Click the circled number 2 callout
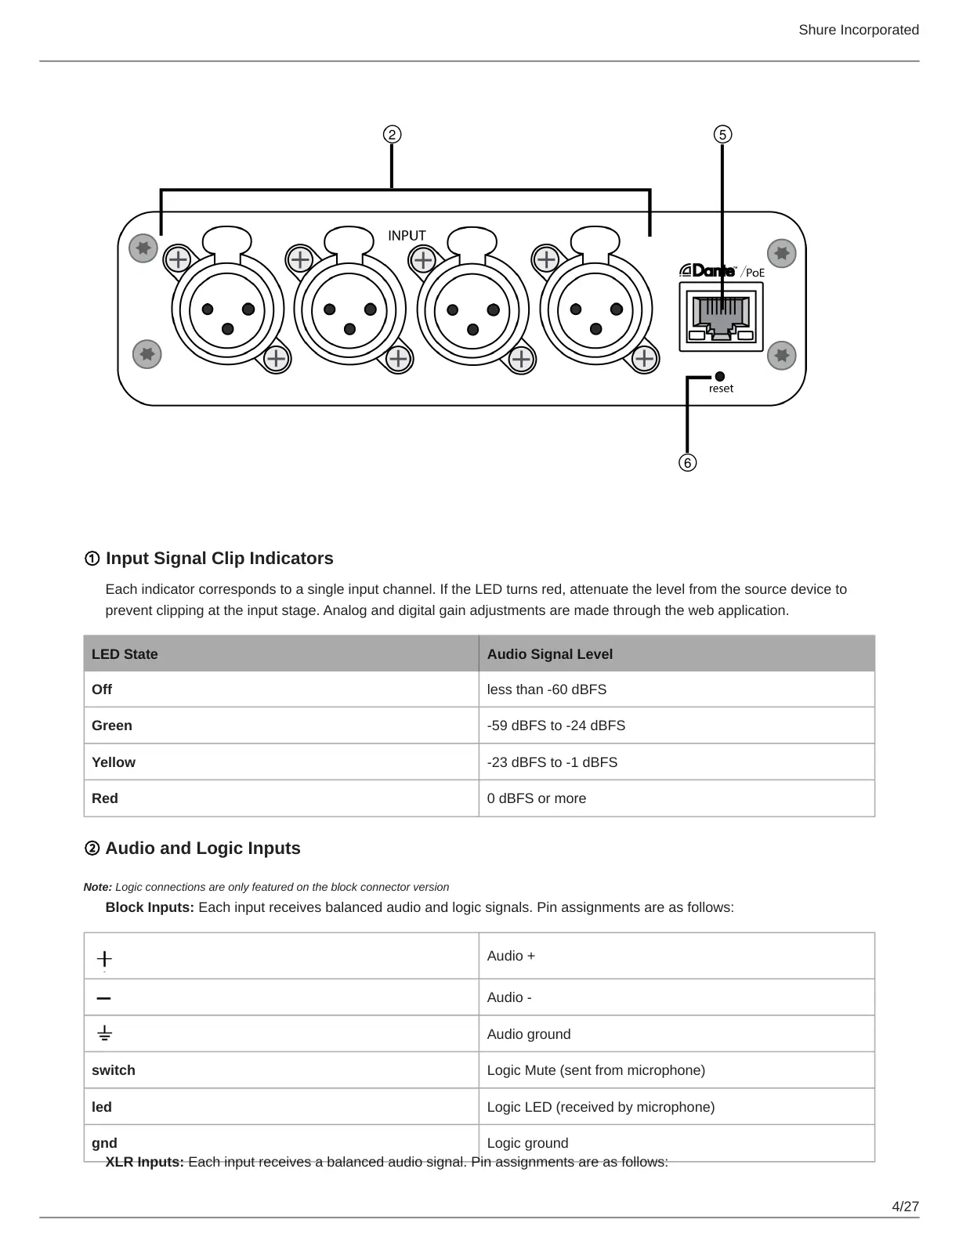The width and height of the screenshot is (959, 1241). (392, 135)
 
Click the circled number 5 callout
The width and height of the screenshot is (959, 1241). (722, 135)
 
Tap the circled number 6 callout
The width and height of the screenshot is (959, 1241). (687, 463)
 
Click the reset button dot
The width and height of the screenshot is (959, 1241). (720, 377)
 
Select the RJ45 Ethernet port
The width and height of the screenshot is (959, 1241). (721, 317)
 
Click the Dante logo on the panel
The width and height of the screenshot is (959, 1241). (707, 271)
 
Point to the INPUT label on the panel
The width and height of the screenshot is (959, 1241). (407, 235)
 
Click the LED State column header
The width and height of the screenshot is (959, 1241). (125, 654)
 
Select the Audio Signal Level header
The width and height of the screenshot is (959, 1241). (549, 654)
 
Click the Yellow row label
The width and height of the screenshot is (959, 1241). (113, 762)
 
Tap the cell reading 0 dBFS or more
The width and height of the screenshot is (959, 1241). (536, 798)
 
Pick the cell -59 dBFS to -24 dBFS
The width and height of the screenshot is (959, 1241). (555, 725)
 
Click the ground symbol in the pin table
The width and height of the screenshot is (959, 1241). (104, 1034)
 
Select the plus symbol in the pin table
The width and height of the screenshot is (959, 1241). (104, 958)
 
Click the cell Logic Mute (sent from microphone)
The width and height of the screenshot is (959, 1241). (595, 1070)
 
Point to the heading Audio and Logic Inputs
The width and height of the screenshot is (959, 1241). (202, 848)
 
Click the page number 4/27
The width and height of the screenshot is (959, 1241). (905, 1207)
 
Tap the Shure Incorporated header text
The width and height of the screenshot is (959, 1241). (858, 30)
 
